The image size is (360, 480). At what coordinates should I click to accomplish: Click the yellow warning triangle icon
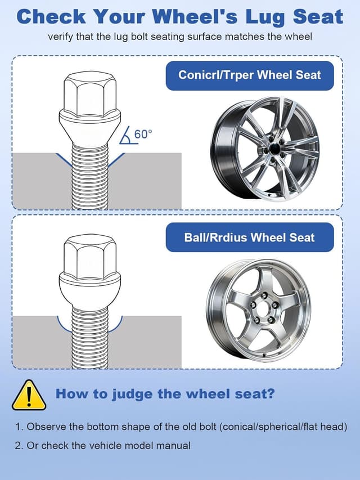[29, 396]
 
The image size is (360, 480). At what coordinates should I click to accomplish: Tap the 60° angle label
[143, 134]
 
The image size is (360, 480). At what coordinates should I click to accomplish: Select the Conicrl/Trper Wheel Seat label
[250, 75]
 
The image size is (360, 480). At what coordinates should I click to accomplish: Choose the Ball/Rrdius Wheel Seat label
[250, 237]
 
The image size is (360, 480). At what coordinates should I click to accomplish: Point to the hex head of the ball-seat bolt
[89, 257]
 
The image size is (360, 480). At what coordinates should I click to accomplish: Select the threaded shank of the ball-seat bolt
[89, 338]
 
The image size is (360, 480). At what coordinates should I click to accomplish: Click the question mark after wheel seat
[271, 393]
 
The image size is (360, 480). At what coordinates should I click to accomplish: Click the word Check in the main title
[51, 16]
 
